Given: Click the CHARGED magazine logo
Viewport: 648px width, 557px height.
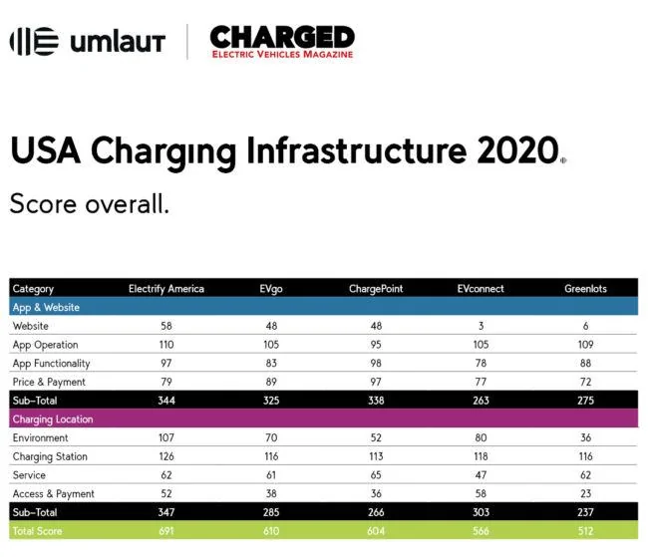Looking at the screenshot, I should point(281,42).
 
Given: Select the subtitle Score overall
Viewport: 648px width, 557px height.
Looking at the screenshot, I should point(89,204).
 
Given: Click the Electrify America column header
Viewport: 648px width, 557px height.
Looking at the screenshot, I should point(166,289).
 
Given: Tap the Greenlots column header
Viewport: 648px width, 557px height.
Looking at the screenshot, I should point(587,289).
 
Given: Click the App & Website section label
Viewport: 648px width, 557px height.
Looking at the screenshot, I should point(46,308).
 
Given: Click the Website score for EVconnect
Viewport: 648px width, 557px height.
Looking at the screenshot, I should point(480,327).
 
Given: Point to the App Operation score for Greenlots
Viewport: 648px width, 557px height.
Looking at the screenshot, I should point(587,345).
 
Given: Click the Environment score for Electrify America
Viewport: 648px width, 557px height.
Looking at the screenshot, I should point(166,438).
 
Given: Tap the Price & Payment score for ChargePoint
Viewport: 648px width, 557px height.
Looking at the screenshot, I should point(376,382).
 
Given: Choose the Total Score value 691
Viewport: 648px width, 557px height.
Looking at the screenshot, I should point(166,531).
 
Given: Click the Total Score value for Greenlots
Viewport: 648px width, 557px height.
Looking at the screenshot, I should point(587,531).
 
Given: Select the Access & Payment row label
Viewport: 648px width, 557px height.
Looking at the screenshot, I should point(53,494).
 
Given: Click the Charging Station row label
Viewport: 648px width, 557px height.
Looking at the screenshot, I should point(50,457).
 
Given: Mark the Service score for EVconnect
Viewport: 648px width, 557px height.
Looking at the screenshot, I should point(480,475).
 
